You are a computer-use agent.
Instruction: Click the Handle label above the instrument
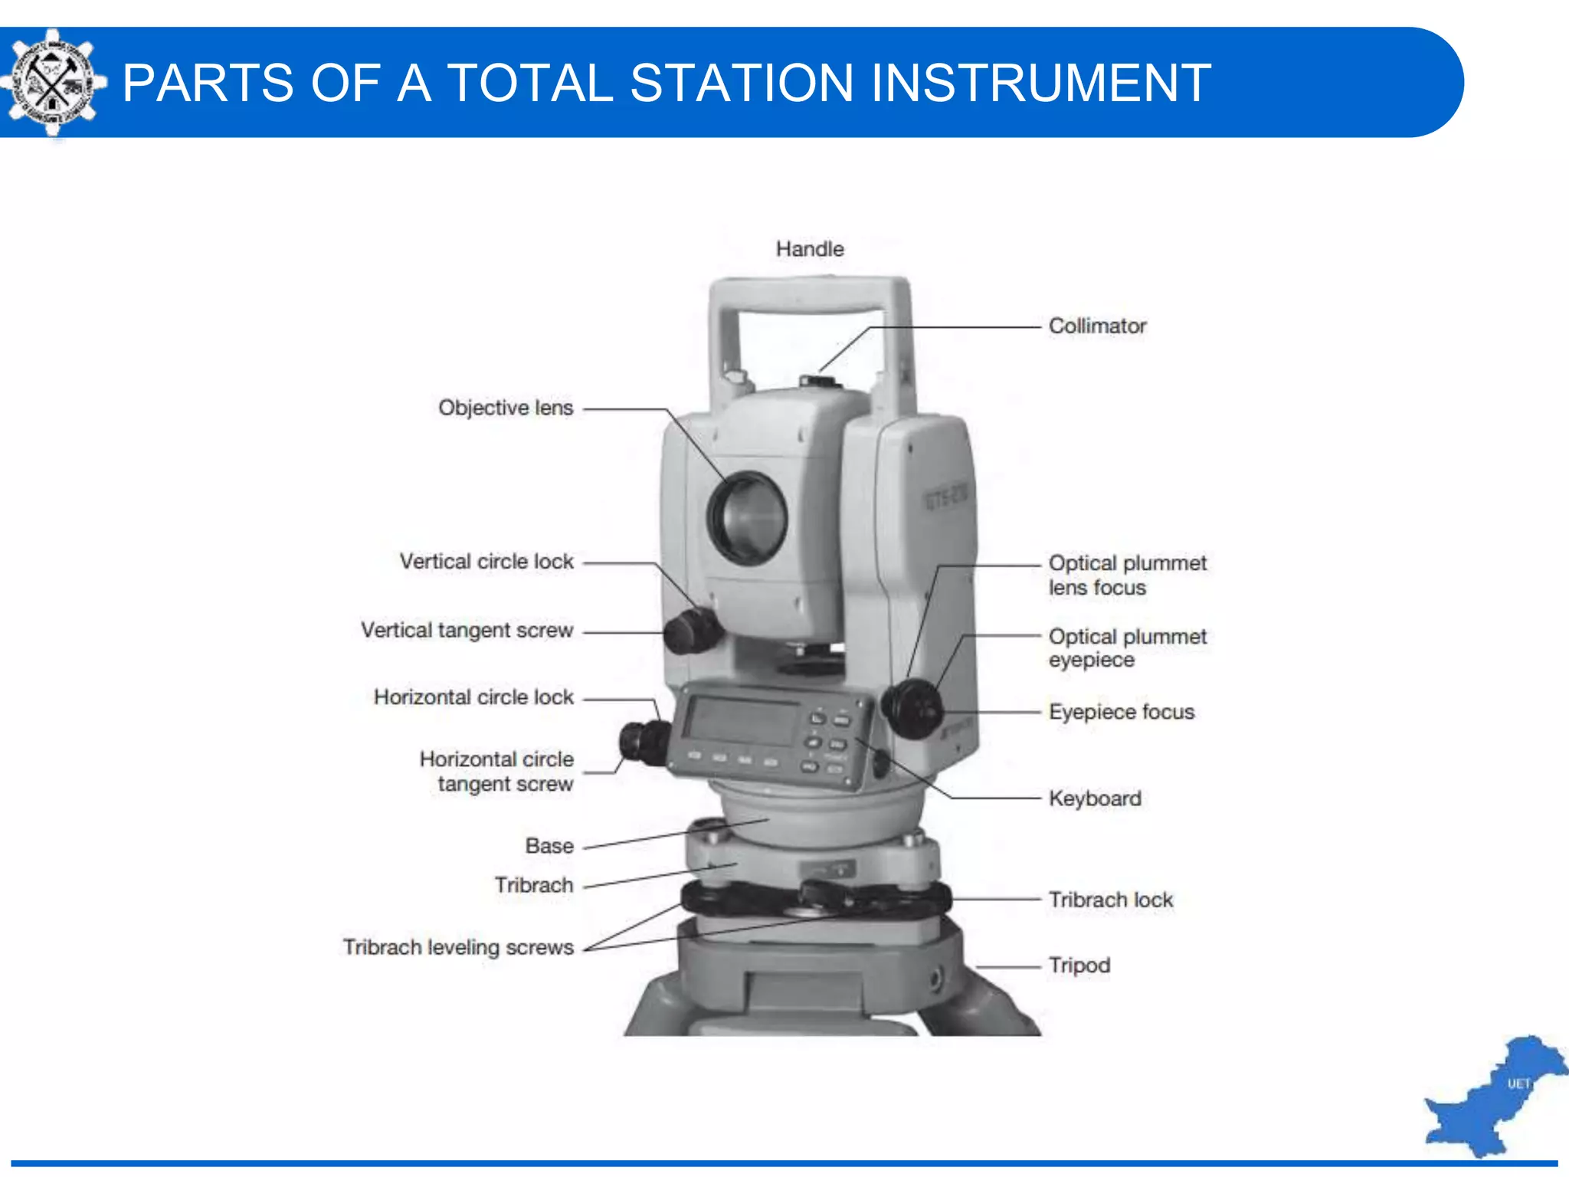(809, 249)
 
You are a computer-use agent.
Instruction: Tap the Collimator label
(1096, 326)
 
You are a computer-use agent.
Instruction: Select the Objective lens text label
(505, 408)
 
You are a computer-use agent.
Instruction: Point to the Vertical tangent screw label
(467, 630)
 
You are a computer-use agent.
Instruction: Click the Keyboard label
(1094, 798)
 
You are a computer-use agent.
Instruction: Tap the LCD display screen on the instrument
(740, 721)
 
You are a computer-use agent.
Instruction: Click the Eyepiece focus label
(1121, 712)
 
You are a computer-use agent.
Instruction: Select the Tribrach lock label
(1110, 900)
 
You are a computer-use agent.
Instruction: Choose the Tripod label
(1079, 965)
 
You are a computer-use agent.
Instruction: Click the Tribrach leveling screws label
(457, 947)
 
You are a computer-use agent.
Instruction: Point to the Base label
(549, 846)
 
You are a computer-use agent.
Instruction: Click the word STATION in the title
(742, 83)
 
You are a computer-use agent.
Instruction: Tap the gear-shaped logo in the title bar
(52, 82)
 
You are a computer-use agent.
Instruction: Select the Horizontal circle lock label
(473, 697)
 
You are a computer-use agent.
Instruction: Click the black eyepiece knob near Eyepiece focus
(912, 707)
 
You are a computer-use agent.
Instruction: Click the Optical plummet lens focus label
(1126, 575)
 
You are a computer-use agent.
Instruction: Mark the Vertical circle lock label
(486, 562)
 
